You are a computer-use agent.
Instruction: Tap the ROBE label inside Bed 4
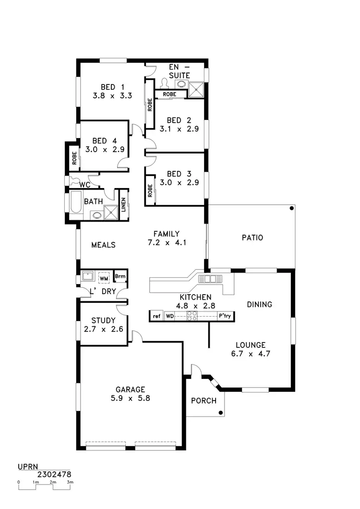click(x=75, y=158)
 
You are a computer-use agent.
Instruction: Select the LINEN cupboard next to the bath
click(x=123, y=205)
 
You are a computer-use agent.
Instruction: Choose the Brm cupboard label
click(x=120, y=277)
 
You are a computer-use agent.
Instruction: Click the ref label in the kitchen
click(x=156, y=316)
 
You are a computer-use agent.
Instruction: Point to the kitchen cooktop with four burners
click(x=192, y=316)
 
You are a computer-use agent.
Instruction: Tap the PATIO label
click(x=252, y=237)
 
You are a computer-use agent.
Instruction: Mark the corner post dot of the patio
click(x=291, y=209)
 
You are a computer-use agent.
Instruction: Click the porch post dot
click(x=220, y=413)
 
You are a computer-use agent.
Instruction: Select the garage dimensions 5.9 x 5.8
click(x=130, y=398)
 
